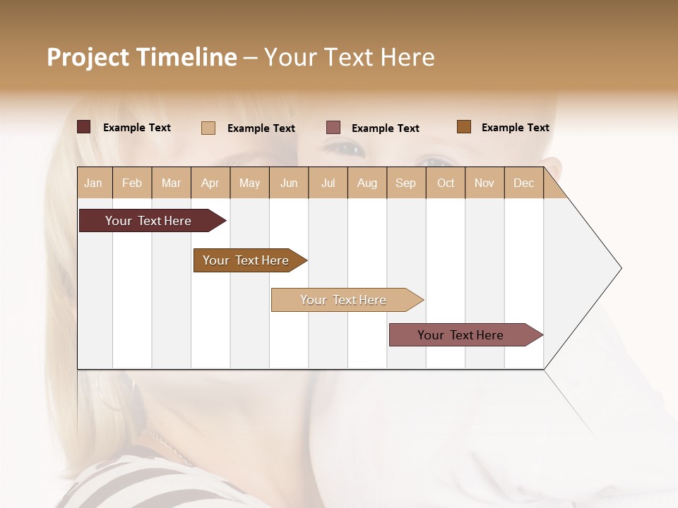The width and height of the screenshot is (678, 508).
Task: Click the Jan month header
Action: (94, 183)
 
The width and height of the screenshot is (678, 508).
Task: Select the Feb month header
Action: (132, 183)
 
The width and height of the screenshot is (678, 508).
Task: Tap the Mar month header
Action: (171, 183)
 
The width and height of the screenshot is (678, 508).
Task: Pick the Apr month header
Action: (210, 183)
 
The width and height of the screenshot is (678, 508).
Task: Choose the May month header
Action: (249, 183)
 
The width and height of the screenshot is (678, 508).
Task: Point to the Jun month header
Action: (289, 183)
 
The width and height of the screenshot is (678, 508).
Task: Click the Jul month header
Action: (328, 183)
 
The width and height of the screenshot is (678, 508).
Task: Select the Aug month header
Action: (367, 183)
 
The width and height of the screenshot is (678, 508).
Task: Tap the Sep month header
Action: (406, 183)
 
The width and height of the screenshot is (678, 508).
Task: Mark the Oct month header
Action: (446, 183)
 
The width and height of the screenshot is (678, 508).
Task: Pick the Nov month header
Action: (484, 183)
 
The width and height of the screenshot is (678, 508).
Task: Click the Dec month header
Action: (524, 183)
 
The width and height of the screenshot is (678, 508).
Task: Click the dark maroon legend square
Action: (84, 127)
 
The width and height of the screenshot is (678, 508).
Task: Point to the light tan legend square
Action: (208, 128)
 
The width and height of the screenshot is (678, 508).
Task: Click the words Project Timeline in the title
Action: (142, 57)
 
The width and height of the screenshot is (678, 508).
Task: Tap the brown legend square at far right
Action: (464, 127)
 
